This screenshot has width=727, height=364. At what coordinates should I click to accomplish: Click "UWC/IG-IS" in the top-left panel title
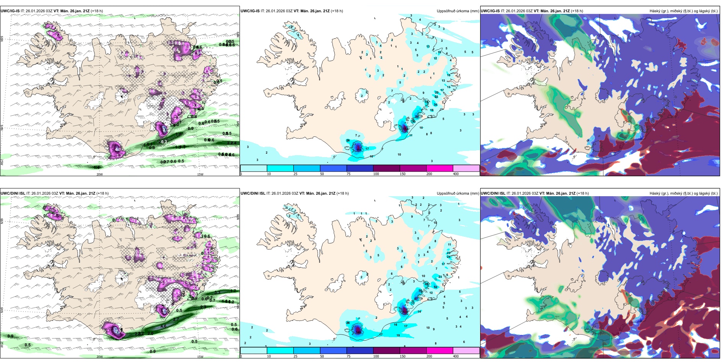point(10,11)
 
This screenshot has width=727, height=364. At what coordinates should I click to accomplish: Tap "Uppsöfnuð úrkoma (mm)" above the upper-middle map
point(458,11)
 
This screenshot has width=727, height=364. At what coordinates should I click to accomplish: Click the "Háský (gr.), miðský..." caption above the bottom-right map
point(683,193)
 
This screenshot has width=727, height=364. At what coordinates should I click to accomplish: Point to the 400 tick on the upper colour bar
point(456,174)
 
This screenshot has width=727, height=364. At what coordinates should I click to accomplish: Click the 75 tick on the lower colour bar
point(348,356)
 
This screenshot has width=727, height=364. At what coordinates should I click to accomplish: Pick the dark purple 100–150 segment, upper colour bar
point(386,168)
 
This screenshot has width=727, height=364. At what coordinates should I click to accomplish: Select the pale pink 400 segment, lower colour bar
point(466,351)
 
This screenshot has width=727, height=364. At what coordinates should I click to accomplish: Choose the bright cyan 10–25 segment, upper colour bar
point(280,168)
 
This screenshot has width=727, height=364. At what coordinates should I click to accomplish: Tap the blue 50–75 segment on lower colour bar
point(333,351)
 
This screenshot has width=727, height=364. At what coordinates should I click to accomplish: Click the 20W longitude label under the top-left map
point(99,174)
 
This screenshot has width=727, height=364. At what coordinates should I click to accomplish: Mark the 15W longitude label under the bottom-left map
point(200,357)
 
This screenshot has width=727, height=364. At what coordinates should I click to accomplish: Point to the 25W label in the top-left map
point(2,162)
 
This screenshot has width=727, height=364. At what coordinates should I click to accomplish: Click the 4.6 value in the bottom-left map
point(163,326)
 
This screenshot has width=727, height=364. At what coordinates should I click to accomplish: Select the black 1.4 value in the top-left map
point(97,167)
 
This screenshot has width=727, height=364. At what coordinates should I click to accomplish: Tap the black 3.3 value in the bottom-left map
point(217,292)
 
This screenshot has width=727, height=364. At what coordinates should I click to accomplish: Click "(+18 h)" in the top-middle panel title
point(337,11)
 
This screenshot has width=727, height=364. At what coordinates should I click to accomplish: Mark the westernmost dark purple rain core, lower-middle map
point(358,330)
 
